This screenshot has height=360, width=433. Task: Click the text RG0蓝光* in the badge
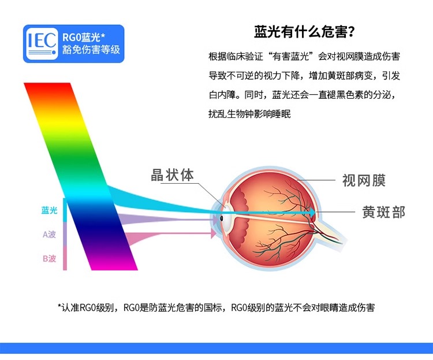pyautogui.click(x=84, y=37)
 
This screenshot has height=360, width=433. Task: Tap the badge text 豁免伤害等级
pyautogui.click(x=91, y=50)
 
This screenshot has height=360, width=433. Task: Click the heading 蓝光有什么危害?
pyautogui.click(x=304, y=32)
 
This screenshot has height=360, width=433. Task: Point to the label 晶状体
pyautogui.click(x=172, y=175)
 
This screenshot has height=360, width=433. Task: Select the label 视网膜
pyautogui.click(x=364, y=180)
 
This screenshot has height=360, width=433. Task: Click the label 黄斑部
pyautogui.click(x=383, y=212)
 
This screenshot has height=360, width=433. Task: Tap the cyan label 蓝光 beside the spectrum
pyautogui.click(x=49, y=210)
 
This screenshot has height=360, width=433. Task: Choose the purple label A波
pyautogui.click(x=49, y=235)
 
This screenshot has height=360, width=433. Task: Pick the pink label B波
pyautogui.click(x=49, y=258)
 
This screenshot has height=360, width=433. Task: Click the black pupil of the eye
pyautogui.click(x=222, y=218)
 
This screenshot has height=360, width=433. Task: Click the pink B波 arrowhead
pyautogui.click(x=214, y=233)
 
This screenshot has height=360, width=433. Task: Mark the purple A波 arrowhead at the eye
pyautogui.click(x=215, y=220)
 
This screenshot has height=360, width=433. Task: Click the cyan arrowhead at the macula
pyautogui.click(x=312, y=213)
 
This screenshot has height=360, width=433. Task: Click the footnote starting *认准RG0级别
pyautogui.click(x=216, y=307)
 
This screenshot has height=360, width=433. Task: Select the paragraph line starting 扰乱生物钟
pyautogui.click(x=249, y=114)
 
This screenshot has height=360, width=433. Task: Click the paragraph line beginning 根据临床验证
pyautogui.click(x=304, y=57)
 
